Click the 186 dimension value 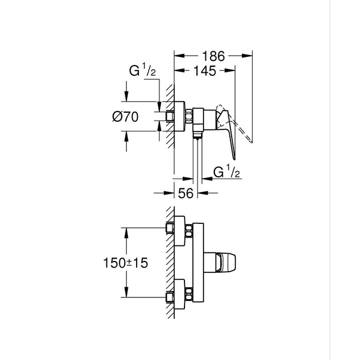213,56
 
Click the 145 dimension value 204,70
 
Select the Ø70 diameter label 125,118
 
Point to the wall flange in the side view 177,117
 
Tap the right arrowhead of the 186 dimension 250,56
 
